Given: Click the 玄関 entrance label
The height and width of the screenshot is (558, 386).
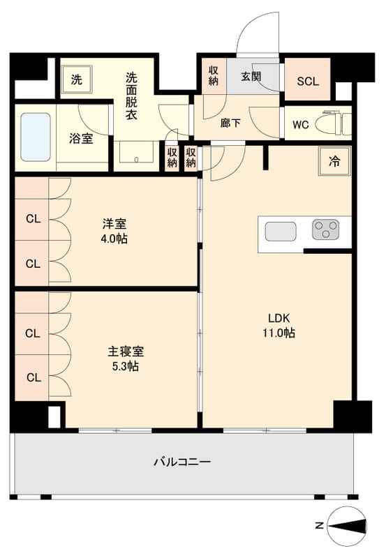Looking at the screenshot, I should pos(251,77).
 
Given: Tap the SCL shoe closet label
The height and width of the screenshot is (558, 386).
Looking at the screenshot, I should pos(308,80).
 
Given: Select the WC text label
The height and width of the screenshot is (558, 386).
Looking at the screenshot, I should pos(300,126).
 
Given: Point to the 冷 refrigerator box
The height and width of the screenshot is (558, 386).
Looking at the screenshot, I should pos(335,161).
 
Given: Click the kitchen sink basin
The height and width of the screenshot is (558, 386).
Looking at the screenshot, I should pos(280,232).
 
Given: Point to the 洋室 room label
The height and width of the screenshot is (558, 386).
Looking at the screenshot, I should pos(114,224).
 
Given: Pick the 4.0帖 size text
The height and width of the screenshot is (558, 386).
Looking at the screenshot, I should pos(114,239).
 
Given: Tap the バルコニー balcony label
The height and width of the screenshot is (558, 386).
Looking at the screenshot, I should pos(181,462).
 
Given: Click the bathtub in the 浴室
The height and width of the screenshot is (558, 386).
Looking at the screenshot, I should pos(35,137).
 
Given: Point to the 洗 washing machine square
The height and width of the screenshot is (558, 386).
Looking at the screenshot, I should pos(75,79).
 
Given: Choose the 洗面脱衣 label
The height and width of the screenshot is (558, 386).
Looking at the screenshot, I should pos(131,96).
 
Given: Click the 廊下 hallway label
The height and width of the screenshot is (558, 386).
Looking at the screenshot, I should pos(231,123).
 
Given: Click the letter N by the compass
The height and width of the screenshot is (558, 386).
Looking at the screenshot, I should pos(318,525).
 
